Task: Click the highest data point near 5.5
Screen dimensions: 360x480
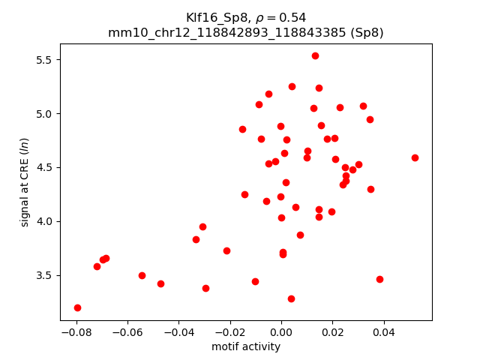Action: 315,55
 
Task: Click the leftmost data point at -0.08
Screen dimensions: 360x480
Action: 77,307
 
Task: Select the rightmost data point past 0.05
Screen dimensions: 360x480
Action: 415,157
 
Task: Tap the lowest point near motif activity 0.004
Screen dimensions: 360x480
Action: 291,298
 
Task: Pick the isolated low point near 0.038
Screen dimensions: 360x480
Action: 379,279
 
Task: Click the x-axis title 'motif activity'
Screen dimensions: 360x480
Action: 246,346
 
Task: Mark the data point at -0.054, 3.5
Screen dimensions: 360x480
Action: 142,275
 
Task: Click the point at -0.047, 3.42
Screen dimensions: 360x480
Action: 160,283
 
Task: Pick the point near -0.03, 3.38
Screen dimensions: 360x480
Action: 205,288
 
